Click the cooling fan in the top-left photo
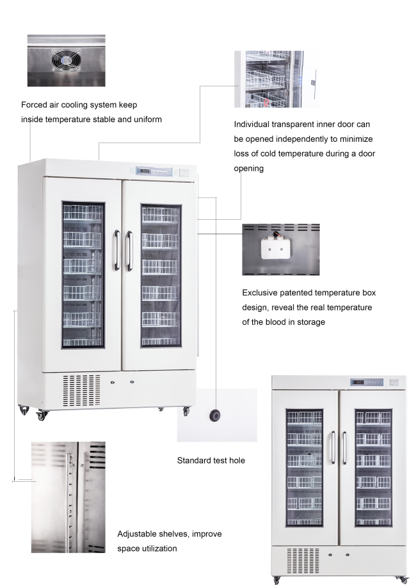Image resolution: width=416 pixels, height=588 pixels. (66, 60)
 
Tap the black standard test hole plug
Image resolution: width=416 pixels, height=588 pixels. (215, 415)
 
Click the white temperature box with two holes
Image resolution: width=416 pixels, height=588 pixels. (276, 246)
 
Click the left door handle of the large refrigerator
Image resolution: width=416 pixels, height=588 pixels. (117, 251)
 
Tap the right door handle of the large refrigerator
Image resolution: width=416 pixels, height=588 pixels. (129, 251)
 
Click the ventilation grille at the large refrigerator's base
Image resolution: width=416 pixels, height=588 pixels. (81, 390)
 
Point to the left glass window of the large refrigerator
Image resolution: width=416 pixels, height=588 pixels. (83, 274)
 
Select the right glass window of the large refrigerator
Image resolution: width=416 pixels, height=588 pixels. (161, 275)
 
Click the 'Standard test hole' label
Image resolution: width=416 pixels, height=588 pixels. (211, 460)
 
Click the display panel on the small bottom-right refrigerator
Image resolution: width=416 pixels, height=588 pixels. (367, 382)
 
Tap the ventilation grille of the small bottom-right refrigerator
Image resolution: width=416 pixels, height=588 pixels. (303, 561)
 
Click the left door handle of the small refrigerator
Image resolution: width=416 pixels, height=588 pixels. (333, 447)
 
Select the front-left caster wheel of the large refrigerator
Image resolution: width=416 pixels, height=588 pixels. (42, 415)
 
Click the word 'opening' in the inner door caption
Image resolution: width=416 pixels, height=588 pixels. (248, 168)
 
